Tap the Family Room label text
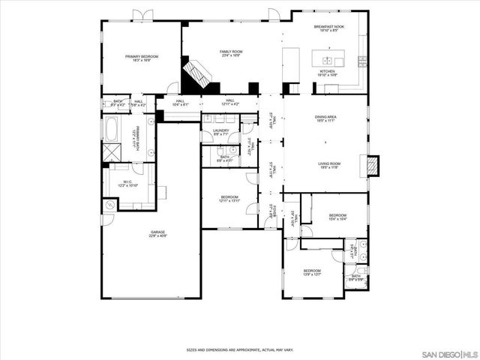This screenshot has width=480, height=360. [x=230, y=53]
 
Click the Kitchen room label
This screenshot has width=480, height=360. [x=327, y=73]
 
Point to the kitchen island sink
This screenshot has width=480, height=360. [x=328, y=58]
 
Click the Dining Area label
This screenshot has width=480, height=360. [x=325, y=118]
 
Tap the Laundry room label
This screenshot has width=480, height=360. [x=220, y=132]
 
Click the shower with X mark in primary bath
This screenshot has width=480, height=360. [x=112, y=152]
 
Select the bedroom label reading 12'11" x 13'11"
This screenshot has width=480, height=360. [x=229, y=199]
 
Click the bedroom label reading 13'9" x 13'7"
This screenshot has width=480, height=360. [x=313, y=272]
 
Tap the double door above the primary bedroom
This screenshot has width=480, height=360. [x=142, y=15]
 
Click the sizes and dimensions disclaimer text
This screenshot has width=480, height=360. [x=240, y=349]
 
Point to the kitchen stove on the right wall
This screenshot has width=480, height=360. [x=363, y=60]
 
